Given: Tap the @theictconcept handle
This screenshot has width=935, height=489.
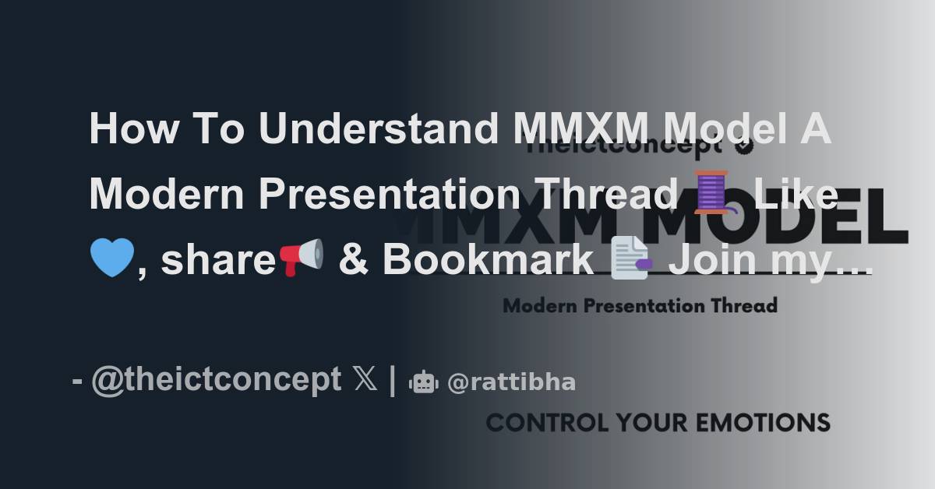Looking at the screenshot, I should [x=216, y=380].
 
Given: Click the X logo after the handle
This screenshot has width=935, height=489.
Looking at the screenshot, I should [x=365, y=381].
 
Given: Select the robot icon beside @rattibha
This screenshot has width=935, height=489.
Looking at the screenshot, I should [x=424, y=382].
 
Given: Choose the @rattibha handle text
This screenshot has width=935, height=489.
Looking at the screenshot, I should [x=511, y=382].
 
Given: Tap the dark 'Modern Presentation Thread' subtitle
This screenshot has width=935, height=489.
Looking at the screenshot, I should [x=640, y=305].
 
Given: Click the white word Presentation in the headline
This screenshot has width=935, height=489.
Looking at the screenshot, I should [x=389, y=194].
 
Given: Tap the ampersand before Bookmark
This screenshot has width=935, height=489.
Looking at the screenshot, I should [x=352, y=260].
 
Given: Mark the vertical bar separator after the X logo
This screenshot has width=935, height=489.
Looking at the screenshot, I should [x=393, y=381].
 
